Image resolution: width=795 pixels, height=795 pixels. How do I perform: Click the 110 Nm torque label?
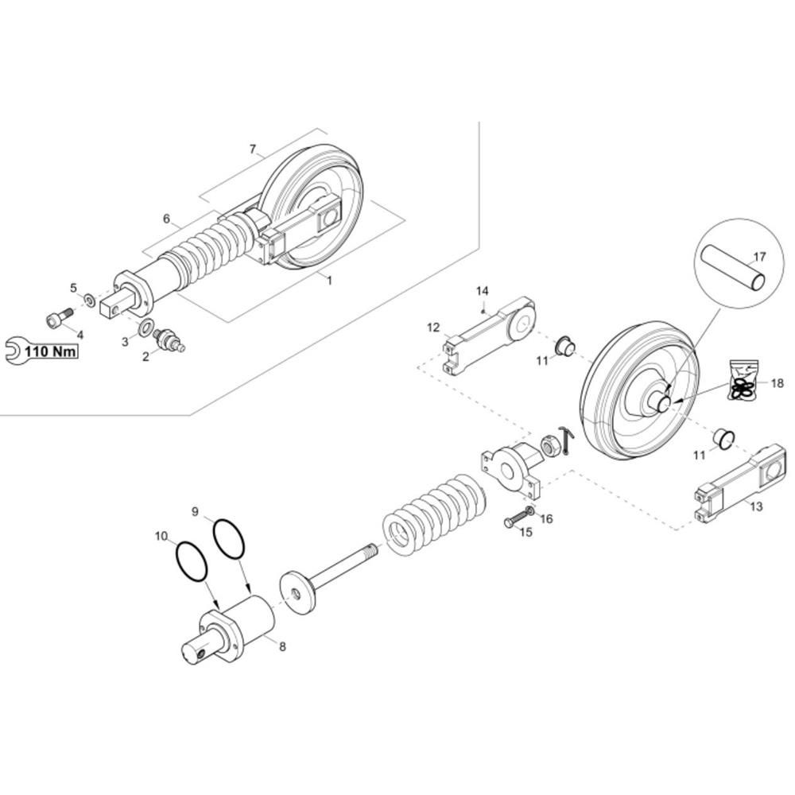point(51,351)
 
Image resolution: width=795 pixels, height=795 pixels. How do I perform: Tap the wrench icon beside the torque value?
point(14,351)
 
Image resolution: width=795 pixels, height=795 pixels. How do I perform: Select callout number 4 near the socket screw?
point(79,335)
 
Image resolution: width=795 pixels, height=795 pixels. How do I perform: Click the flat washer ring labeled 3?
point(146,328)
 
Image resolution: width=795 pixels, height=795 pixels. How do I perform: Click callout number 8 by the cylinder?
point(282,646)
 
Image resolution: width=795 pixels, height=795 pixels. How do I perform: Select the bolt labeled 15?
point(516,519)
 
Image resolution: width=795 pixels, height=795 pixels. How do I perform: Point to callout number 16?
point(547,518)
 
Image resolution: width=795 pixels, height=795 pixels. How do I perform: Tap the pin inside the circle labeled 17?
point(733,268)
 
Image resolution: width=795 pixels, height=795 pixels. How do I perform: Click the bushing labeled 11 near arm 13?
point(724,438)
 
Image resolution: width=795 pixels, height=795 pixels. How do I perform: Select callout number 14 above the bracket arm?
point(482,290)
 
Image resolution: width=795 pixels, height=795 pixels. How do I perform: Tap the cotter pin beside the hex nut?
point(566,440)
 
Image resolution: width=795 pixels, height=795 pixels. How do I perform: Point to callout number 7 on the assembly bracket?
point(253,149)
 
